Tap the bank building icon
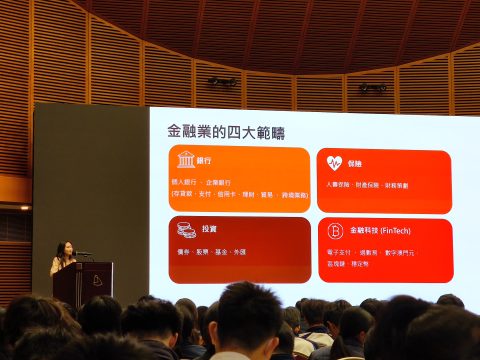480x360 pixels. (x=186, y=161)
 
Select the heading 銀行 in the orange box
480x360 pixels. (x=205, y=161)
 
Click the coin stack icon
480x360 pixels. (x=186, y=230)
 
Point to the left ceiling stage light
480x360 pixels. (x=221, y=82)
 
